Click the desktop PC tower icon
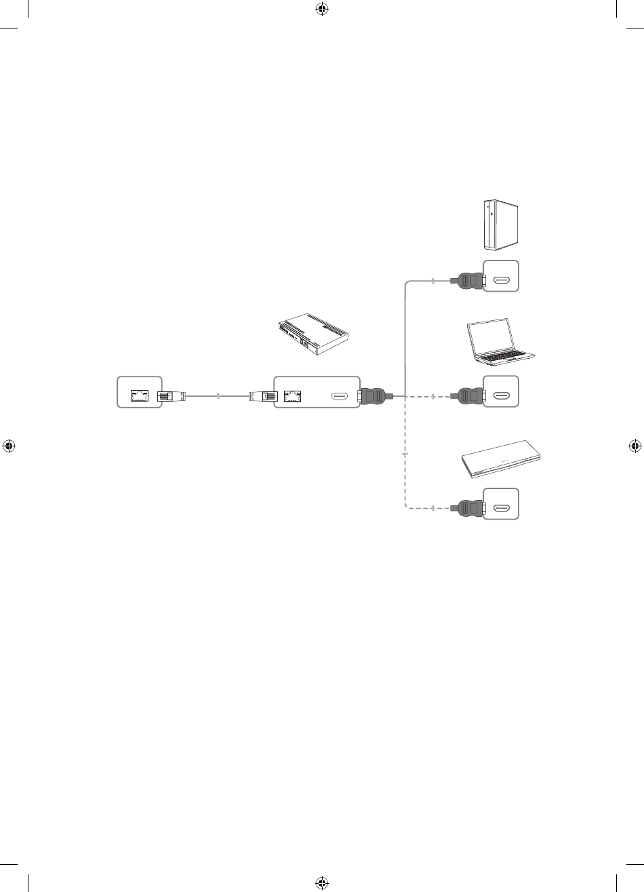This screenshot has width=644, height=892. [x=500, y=225]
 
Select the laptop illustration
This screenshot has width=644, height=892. [x=500, y=341]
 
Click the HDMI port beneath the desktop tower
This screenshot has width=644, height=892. [x=502, y=279]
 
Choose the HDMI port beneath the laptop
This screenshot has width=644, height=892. [x=502, y=394]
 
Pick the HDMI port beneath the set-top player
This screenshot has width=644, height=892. [x=502, y=507]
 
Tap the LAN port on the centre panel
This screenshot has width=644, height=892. [x=294, y=394]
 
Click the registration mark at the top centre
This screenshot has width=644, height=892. [x=321, y=9]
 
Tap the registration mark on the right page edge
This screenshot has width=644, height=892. [x=634, y=446]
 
